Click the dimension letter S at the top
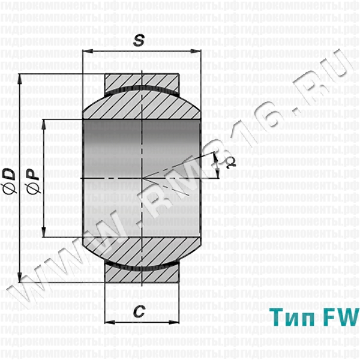[139, 41]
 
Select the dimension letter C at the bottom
[139, 311]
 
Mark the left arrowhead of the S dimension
[86, 52]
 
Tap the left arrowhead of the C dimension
[109, 323]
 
